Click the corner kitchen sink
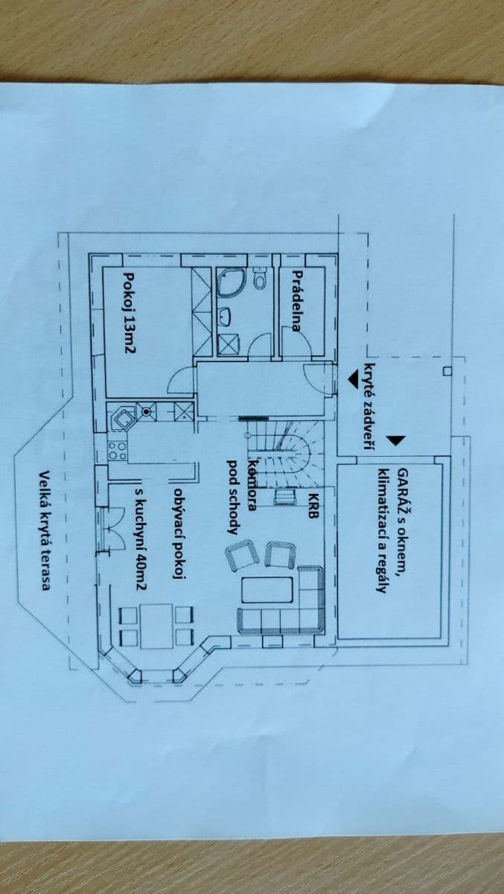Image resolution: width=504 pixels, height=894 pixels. pos(121,417)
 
